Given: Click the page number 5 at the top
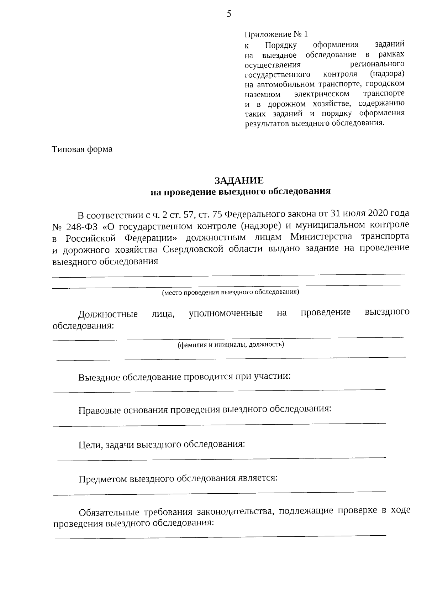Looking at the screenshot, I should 229,14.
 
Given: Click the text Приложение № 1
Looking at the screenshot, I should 276,35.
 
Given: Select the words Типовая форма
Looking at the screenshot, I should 82,149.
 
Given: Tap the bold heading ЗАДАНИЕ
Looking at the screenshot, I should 239,180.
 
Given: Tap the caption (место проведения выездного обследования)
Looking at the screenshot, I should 230,293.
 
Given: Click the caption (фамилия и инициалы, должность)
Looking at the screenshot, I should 231,345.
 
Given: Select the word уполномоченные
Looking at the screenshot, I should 226,313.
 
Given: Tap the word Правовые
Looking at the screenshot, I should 99,410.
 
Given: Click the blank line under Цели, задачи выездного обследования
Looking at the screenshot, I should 219,458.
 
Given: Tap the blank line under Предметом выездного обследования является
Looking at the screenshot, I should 219,493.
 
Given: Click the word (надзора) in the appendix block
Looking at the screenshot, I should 387,74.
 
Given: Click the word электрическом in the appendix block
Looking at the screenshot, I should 322,94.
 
